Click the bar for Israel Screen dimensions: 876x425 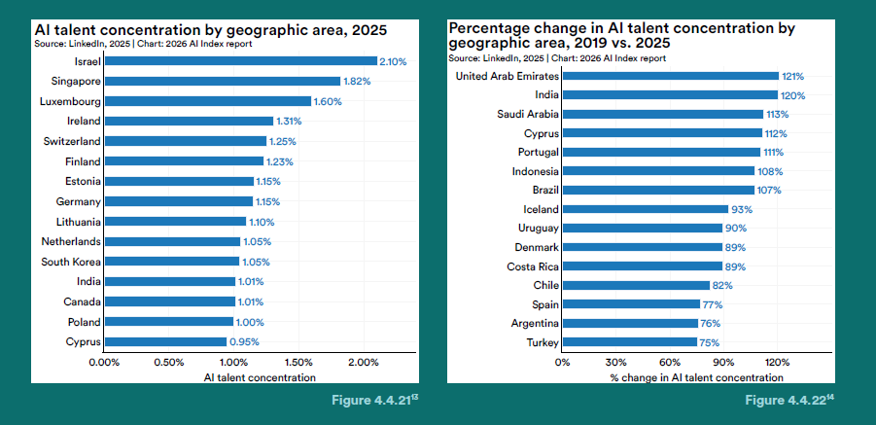coord(241,61)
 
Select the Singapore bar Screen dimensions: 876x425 coord(223,81)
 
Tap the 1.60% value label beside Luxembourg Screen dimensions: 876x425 coord(328,102)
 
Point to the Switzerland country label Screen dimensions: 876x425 coord(72,141)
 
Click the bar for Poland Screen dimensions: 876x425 coord(169,322)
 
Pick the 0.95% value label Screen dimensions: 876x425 coord(244,341)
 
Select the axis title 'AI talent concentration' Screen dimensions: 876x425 coord(260,377)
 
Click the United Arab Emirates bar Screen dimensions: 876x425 coord(671,76)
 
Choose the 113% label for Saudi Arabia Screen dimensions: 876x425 coord(777,115)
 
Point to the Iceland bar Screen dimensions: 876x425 coord(646,209)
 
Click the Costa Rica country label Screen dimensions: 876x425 coord(533,266)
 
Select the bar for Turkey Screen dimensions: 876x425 coord(630,341)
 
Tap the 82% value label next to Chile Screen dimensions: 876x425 coord(721,285)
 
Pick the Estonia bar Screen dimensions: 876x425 coord(179,181)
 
